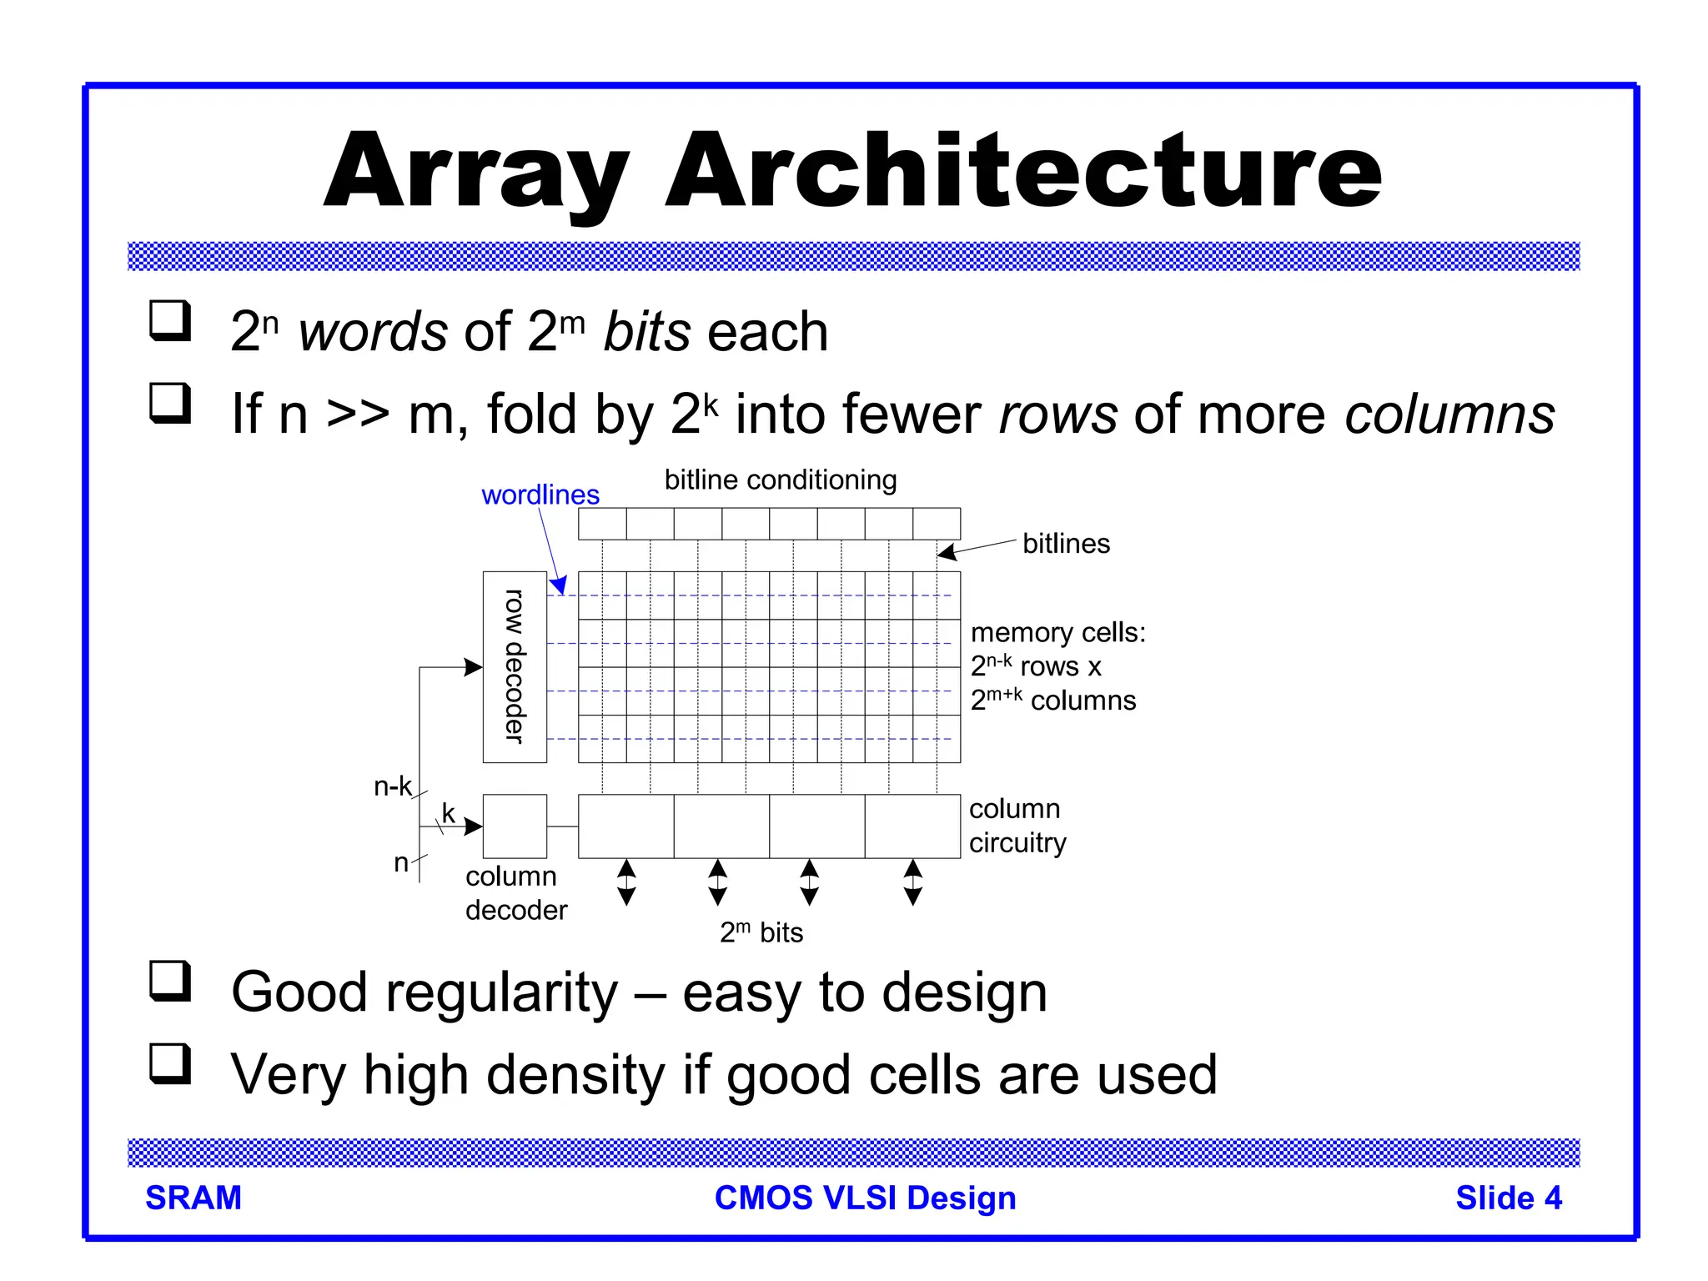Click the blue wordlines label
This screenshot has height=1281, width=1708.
coord(540,495)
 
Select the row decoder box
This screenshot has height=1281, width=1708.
coord(515,666)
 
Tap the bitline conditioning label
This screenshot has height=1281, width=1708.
coord(780,480)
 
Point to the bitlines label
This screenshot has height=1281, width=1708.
coord(1066,544)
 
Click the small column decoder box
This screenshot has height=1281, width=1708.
coord(515,826)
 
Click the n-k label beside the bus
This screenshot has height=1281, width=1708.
coord(392,786)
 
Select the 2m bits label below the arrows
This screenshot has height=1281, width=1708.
coord(761,932)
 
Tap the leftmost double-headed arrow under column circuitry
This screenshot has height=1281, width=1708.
coord(626,883)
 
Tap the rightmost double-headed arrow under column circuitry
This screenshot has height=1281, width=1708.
coord(913,883)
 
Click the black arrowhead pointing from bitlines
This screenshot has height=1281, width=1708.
coord(947,552)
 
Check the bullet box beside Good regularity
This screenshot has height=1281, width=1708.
coord(170,981)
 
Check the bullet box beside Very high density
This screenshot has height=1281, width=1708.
coord(170,1063)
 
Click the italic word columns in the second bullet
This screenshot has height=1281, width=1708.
coord(1449,414)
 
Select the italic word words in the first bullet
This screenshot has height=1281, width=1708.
coord(373,332)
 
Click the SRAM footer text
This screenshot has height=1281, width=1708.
coord(193,1198)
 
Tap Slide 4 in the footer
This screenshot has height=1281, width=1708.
coord(1508,1198)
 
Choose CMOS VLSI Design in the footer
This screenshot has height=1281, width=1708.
coord(865,1198)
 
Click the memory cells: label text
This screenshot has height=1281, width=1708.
coord(1057,632)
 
